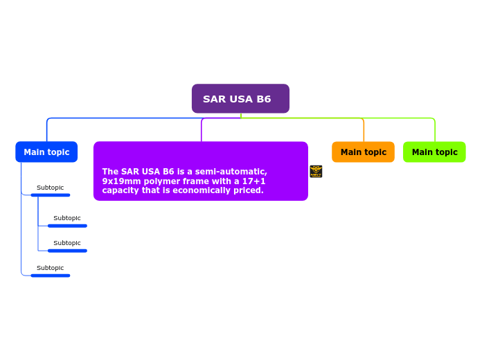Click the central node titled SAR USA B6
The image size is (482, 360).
240,98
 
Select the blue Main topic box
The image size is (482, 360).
46,152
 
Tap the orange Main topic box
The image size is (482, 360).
363,152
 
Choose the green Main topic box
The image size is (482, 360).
434,152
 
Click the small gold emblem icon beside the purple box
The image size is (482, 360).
316,171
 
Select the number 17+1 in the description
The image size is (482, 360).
253,181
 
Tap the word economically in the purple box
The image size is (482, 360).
196,190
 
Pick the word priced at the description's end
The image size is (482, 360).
248,190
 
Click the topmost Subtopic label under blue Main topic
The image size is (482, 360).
50,188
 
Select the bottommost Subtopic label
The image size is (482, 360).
50,268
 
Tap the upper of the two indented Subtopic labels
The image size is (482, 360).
66,218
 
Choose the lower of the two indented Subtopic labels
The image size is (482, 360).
66,243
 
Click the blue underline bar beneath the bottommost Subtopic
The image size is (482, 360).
50,276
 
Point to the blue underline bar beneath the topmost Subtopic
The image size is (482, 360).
50,195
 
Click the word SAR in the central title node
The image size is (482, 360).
214,99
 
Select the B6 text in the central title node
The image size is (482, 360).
262,99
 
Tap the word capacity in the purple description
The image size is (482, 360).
120,190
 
